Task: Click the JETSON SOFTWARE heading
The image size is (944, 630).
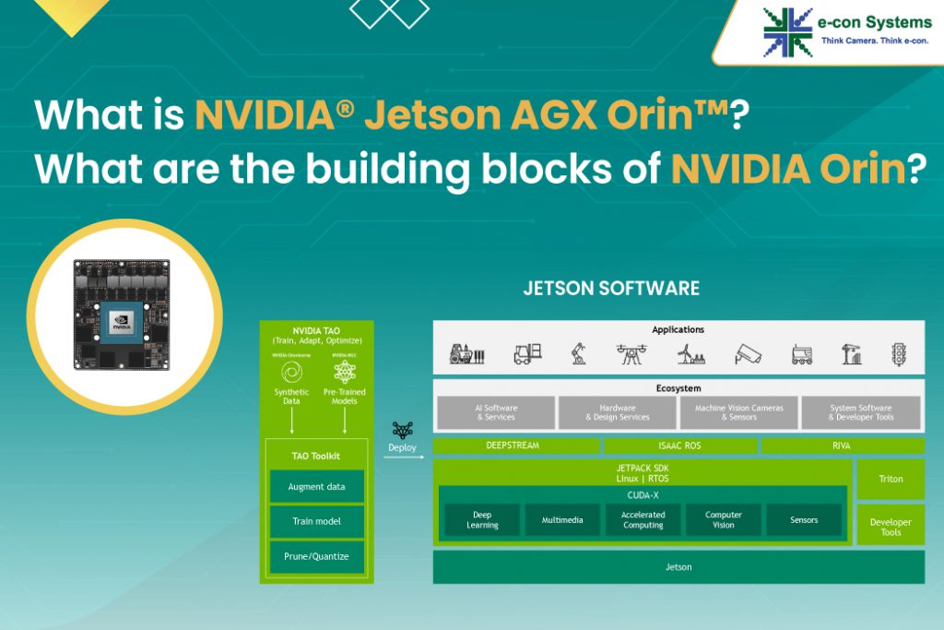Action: [x=611, y=288]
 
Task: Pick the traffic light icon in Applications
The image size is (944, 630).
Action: [x=898, y=353]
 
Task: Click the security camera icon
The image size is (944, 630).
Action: [x=748, y=353]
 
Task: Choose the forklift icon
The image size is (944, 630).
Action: [x=526, y=353]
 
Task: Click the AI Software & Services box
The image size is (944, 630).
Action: [x=496, y=412]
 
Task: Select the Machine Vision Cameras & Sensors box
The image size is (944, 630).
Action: [x=738, y=412]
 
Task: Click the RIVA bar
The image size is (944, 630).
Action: [x=841, y=446]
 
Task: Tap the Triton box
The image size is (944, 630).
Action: [x=890, y=480]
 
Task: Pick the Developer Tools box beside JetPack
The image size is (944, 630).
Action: [x=890, y=526]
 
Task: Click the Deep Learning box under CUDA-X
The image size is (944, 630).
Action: [x=482, y=520]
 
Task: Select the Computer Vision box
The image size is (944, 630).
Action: [x=724, y=520]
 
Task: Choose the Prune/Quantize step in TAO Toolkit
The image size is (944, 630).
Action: [x=316, y=556]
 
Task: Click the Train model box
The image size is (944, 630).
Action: [x=316, y=521]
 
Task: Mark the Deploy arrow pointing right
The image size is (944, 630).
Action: [x=402, y=457]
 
